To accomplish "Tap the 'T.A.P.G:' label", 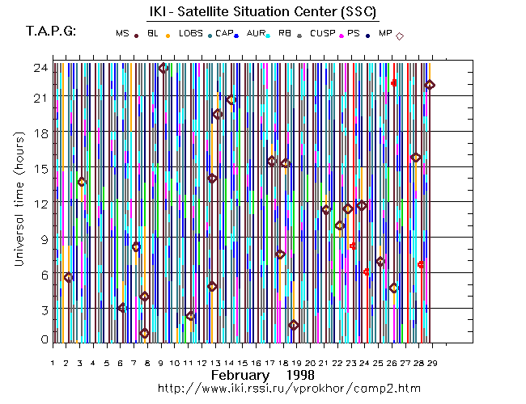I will (51, 32).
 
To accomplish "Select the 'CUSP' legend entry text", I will (322, 33).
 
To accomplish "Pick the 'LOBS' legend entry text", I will (191, 33).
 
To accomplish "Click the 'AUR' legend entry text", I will (256, 33).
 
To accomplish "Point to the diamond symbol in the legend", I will (400, 35).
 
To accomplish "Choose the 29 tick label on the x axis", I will (432, 364).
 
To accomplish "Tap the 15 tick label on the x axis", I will (242, 364).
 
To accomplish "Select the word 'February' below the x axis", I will (240, 376).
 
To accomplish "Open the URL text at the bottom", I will (288, 389).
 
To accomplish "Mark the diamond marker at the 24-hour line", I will (163, 68).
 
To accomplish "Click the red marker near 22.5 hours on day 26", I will (394, 83).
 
